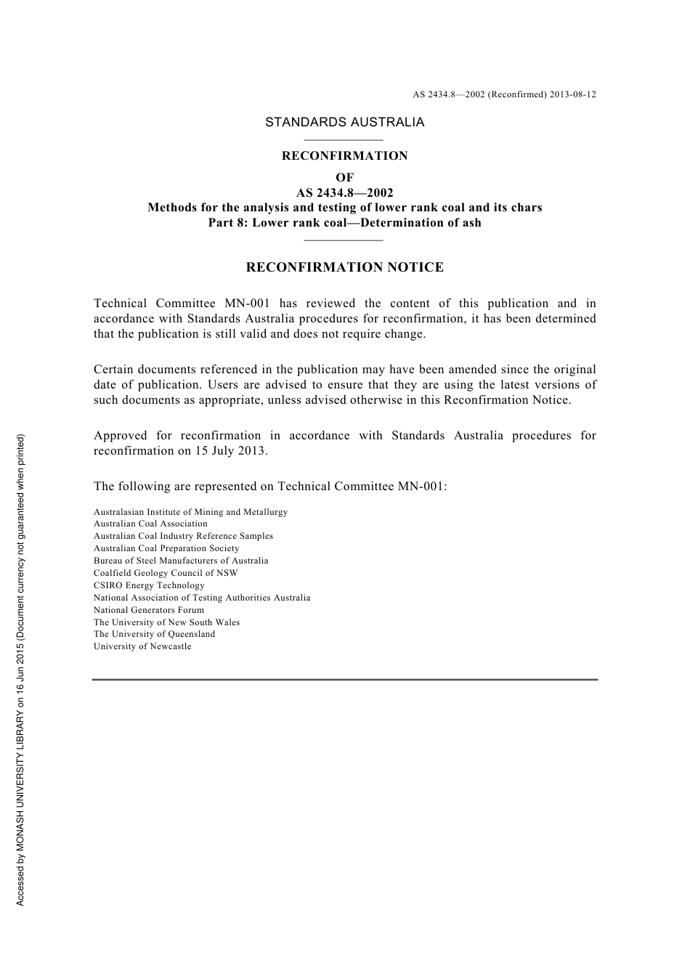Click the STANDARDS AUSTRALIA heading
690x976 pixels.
click(x=344, y=122)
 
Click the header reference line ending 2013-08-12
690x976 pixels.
click(x=504, y=94)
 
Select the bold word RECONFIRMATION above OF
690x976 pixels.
click(x=344, y=155)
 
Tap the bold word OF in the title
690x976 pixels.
click(x=344, y=177)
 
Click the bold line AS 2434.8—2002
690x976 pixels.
click(x=344, y=192)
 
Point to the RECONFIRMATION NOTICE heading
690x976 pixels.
click(x=344, y=267)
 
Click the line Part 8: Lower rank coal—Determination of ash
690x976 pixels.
click(x=344, y=223)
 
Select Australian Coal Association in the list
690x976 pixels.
click(x=150, y=524)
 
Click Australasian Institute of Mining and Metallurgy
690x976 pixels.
click(x=190, y=512)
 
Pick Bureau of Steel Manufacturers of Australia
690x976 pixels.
click(x=181, y=561)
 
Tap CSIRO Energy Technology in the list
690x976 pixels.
click(x=149, y=585)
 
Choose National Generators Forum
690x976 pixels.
click(x=149, y=610)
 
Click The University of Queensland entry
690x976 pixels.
click(x=154, y=634)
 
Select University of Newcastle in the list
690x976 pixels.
click(x=142, y=646)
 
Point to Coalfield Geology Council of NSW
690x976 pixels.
click(x=166, y=573)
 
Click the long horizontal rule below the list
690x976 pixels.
click(x=344, y=680)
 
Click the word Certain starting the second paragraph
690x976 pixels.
click(x=113, y=370)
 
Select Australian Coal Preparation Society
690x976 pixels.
click(x=166, y=548)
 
